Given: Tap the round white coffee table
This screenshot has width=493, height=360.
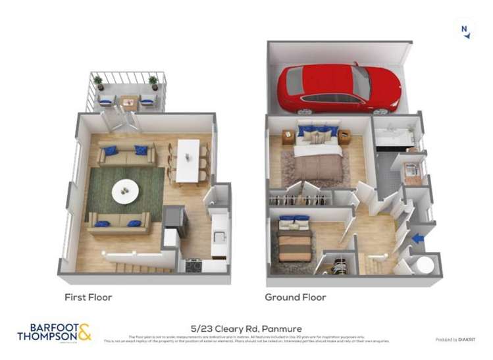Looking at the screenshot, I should tap(125, 192).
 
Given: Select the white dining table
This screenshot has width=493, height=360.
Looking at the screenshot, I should tap(188, 160).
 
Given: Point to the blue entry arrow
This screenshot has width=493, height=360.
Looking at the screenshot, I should tap(417, 239).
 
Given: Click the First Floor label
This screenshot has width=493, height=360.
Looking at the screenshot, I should tap(88, 297).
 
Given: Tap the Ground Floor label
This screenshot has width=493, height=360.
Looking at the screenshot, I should tap(296, 297).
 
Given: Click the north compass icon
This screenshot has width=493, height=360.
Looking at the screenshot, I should tap(465, 29).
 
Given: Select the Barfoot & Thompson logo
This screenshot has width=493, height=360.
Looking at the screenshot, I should tap(54, 332).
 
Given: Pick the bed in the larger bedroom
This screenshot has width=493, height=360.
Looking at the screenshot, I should tap(318, 155).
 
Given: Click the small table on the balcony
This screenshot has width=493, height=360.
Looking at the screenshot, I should tap(128, 101).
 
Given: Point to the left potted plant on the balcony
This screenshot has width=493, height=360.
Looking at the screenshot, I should tap(99, 82).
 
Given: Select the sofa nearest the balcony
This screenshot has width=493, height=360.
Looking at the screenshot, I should tap(126, 155).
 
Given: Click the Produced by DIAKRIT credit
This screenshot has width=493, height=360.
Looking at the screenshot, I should tap(455, 340).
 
